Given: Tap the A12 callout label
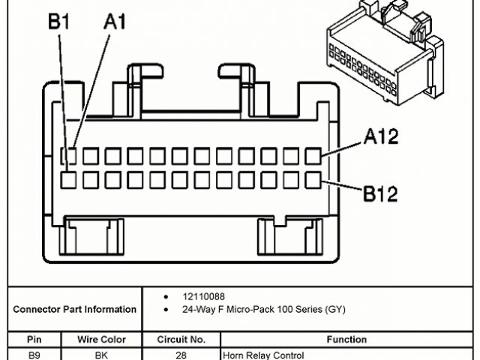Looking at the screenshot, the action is coord(381,136).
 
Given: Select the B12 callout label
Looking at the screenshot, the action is coord(381,195).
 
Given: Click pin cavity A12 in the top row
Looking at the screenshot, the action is coord(313,157).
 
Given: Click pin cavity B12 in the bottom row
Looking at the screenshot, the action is coord(313,180).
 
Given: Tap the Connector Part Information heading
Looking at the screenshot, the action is coord(74,309).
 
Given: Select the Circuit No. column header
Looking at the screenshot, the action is coord(181,340).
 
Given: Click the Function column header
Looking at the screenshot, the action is coord(346,340).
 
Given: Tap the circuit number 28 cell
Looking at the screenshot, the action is coord(181,354).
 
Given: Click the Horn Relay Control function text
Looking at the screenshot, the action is coord(263,354).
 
